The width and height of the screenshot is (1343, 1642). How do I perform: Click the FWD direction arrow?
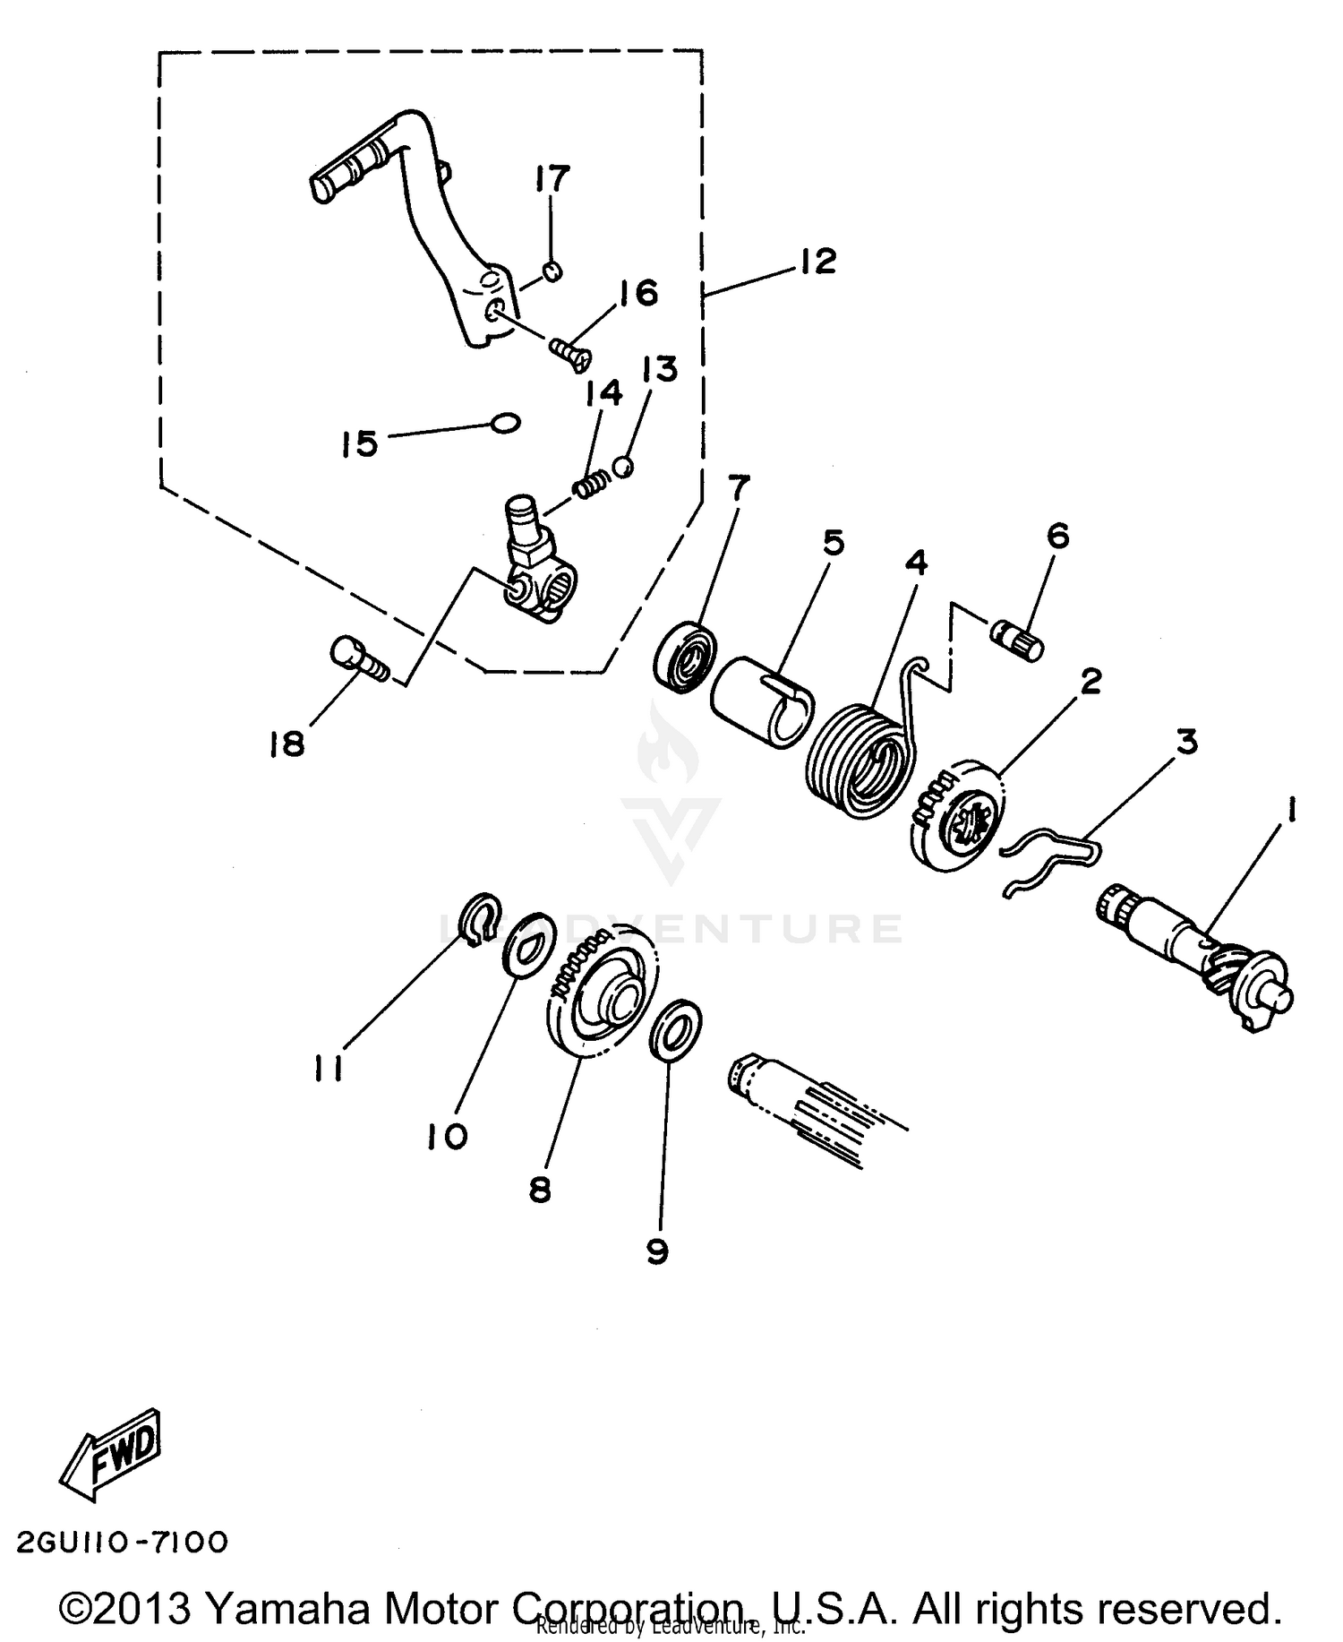(110, 1453)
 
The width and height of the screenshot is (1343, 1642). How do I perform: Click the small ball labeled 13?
(623, 466)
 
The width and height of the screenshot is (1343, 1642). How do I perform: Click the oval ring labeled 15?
(506, 421)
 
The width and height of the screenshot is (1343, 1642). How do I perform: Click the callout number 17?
(552, 179)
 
